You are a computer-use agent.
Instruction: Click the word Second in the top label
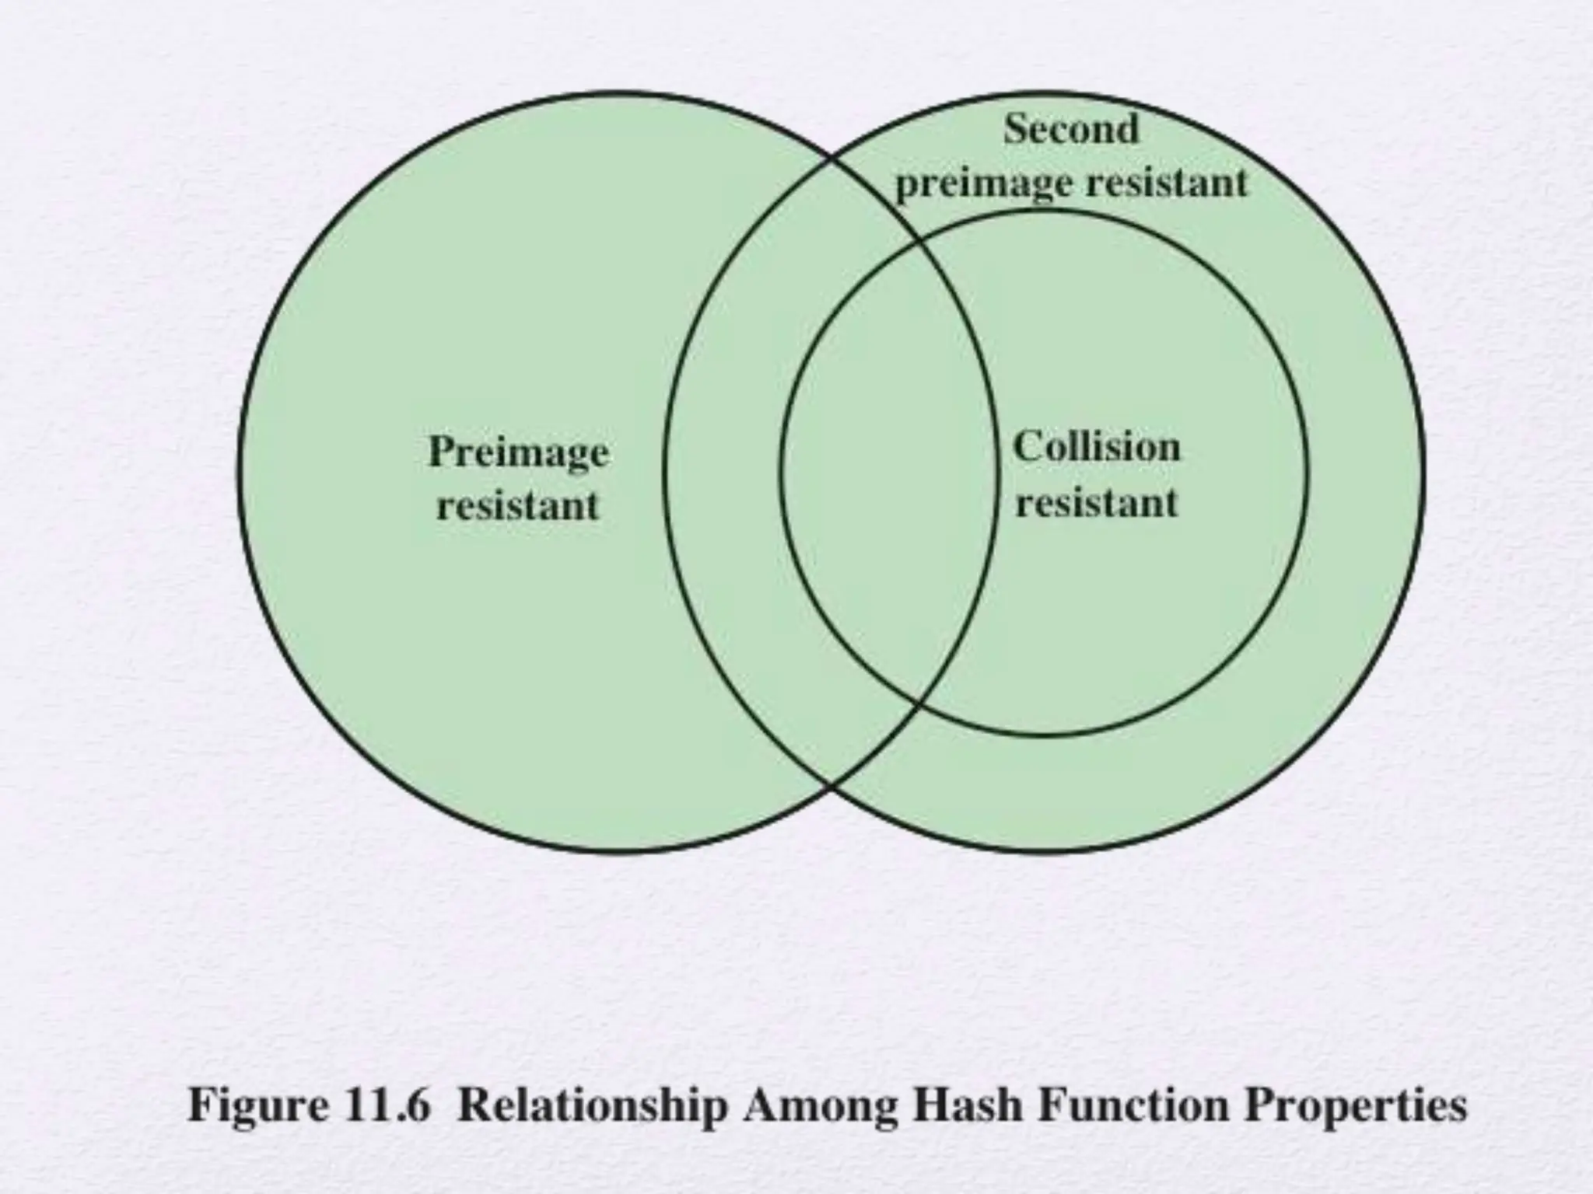tap(1071, 129)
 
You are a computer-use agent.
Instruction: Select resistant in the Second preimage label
tap(1167, 183)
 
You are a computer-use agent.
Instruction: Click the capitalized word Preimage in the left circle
tap(519, 452)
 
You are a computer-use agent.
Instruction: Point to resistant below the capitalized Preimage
tap(518, 506)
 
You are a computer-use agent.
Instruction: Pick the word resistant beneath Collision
tap(1098, 502)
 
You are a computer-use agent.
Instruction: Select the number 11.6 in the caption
tap(391, 1104)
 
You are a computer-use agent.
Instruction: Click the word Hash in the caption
tap(968, 1104)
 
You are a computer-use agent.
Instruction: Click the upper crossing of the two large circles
tap(832, 162)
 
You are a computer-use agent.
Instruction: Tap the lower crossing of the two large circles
tap(832, 785)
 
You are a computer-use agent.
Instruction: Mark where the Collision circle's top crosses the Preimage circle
tap(919, 243)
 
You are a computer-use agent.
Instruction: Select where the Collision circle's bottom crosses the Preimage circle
tap(919, 705)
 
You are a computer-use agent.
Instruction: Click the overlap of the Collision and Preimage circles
tap(887, 474)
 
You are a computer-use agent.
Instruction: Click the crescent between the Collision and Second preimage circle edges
tap(1365, 474)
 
